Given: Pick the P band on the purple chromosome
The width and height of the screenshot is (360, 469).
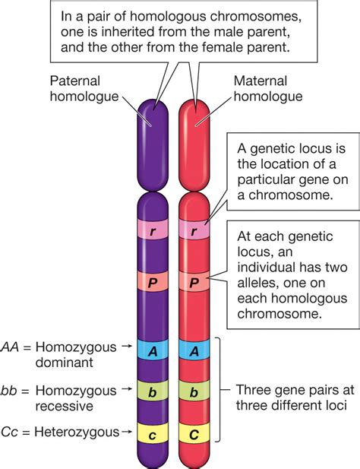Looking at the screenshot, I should pos(155,284).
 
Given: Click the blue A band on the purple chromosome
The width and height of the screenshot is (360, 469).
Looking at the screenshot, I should pos(155,351).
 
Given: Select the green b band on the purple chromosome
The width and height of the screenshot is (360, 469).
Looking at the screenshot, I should pos(155,392).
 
